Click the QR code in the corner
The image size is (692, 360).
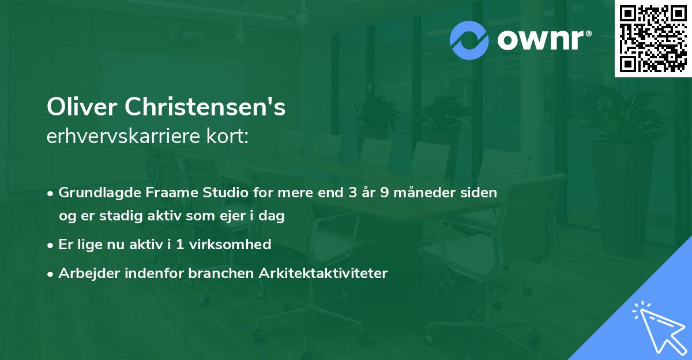click(x=653, y=39)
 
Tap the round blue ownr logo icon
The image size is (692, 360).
click(x=468, y=40)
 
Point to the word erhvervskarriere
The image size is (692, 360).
click(x=125, y=136)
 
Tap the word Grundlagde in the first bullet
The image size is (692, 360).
click(x=95, y=192)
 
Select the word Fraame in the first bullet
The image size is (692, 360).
click(x=159, y=192)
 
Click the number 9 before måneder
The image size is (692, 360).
click(x=384, y=192)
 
